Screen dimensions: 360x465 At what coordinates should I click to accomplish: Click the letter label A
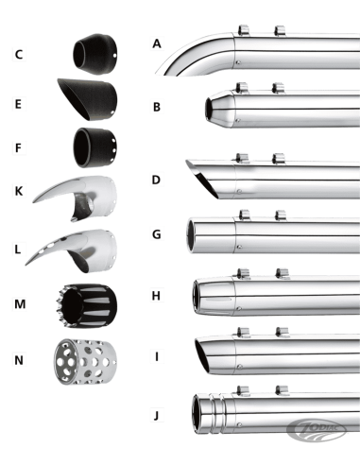tap(157, 43)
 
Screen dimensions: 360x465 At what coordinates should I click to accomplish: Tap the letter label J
tap(156, 416)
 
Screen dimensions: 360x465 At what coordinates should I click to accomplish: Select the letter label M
tap(20, 304)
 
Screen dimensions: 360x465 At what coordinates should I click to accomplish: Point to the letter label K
tap(19, 191)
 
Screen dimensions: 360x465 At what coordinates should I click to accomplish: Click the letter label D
tap(156, 180)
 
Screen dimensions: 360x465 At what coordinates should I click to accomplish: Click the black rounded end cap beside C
tap(95, 54)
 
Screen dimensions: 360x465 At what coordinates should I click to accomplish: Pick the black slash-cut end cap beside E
tap(87, 98)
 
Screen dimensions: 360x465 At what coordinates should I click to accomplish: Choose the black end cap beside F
tap(95, 147)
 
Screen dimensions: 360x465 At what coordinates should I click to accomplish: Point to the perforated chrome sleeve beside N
tap(85, 361)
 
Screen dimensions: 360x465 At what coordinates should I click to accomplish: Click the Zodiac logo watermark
tap(317, 430)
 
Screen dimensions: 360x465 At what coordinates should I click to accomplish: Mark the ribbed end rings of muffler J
tap(217, 413)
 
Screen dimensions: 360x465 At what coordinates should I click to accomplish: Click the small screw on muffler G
tap(239, 247)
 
